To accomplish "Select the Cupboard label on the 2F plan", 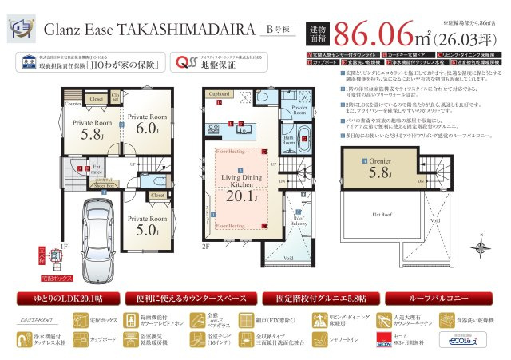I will (220, 93).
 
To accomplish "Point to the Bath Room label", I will (289, 139).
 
